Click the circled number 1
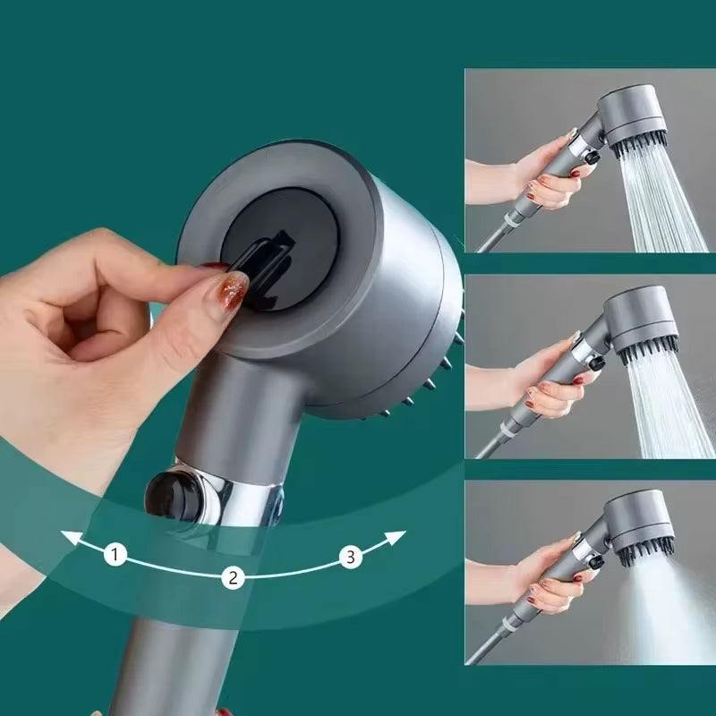point(114,555)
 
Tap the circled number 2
point(233,577)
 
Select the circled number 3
point(351,557)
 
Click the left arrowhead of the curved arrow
point(68,537)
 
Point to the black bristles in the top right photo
point(639,143)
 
